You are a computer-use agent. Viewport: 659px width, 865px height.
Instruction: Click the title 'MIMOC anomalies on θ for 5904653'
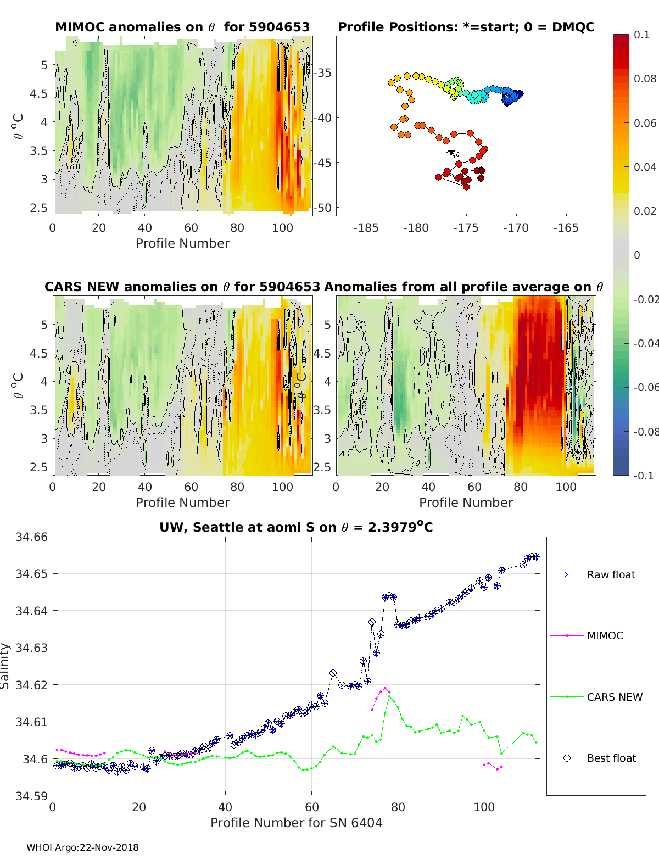pos(182,27)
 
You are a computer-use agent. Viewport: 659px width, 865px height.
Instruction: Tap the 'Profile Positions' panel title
pos(466,27)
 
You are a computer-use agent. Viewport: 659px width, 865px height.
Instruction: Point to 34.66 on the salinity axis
pos(31,537)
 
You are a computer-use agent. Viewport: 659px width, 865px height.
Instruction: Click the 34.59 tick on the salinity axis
pos(31,795)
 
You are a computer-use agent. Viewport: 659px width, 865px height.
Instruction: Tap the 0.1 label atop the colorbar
pos(641,35)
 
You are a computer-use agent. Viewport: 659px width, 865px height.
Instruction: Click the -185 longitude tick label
pos(366,228)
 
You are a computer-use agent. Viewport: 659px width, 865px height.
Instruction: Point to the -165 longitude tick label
pos(566,228)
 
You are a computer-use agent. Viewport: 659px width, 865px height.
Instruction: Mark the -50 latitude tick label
pos(323,208)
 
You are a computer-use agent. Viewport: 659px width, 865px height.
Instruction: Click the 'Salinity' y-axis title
pos(5,666)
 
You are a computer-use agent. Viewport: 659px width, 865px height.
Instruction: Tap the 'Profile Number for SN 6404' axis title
pos(296,822)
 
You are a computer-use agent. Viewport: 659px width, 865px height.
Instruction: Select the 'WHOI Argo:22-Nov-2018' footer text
pos(82,847)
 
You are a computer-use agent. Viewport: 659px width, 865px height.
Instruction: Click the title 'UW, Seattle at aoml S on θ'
pos(296,527)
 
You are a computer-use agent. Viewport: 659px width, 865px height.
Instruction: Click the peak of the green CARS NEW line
pos(389,696)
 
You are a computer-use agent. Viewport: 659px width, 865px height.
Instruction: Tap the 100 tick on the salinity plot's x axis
pos(484,807)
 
